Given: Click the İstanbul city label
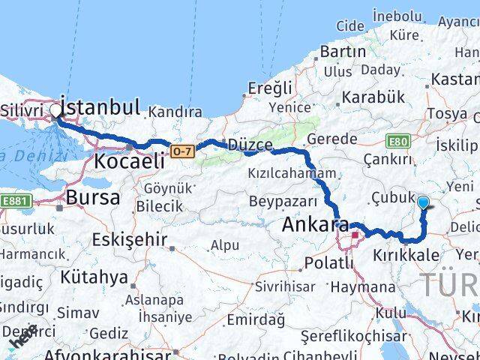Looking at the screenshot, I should click(100, 106).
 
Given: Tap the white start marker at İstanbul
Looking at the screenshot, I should click(56, 112).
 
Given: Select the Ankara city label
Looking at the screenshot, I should click(315, 224).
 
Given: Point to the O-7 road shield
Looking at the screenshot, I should click(182, 151).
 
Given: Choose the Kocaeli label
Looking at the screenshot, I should click(129, 161).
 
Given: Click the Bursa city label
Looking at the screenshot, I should click(93, 198).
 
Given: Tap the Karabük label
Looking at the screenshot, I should click(373, 97).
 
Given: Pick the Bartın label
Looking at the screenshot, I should click(343, 52).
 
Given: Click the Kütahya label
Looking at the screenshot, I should click(94, 277).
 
